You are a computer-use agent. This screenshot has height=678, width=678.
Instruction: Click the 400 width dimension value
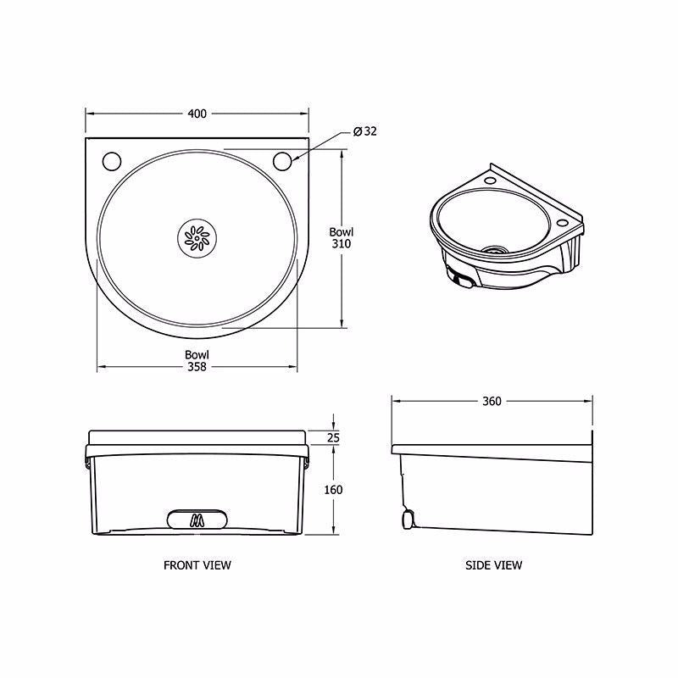[x=197, y=113]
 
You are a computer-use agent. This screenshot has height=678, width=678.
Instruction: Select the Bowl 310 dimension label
[x=342, y=237]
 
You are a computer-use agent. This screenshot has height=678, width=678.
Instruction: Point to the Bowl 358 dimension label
[x=197, y=360]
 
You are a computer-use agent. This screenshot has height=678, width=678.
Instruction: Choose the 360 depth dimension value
[x=492, y=401]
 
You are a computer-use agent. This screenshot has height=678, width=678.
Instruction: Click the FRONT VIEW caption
[x=197, y=564]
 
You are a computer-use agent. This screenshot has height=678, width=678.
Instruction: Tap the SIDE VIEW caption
[x=494, y=564]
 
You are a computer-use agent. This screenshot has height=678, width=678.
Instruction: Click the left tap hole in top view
[x=110, y=159]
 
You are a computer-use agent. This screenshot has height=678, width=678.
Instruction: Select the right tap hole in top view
[x=283, y=159]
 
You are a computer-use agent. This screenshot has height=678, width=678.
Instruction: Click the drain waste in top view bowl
[x=197, y=238]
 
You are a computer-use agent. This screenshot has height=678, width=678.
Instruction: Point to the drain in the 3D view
[x=495, y=251]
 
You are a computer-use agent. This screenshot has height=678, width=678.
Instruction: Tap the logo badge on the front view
[x=197, y=520]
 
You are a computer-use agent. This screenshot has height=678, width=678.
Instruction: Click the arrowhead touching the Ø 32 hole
[x=293, y=157]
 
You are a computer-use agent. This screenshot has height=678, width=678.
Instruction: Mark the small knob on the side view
[x=408, y=518]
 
